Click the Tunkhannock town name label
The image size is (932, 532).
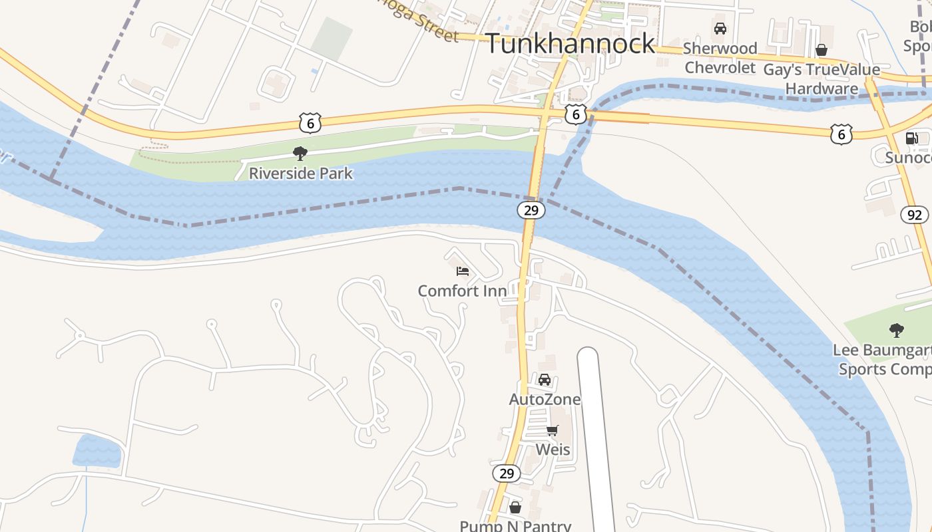point(571,44)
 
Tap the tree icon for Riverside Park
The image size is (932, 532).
point(300,154)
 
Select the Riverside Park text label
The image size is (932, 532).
point(300,174)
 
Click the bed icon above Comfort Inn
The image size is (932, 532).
point(463,271)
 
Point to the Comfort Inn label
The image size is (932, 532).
point(462,291)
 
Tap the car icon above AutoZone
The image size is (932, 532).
point(545,380)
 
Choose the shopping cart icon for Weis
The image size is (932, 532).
point(552,430)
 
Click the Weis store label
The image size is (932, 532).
point(553,450)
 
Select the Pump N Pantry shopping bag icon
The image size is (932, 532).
point(515,508)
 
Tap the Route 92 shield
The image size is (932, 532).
point(915,215)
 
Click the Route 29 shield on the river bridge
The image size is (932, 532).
point(531,210)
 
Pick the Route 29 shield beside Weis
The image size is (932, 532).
point(507,473)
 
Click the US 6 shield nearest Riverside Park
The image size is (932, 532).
point(310,123)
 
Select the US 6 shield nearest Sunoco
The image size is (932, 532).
point(841,135)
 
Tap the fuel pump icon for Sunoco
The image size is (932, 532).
point(911,138)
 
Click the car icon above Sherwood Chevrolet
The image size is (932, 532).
point(720,29)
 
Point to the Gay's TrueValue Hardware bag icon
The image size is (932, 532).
point(821,50)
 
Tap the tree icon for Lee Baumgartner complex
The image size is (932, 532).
point(896,330)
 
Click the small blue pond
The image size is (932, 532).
point(97,450)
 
